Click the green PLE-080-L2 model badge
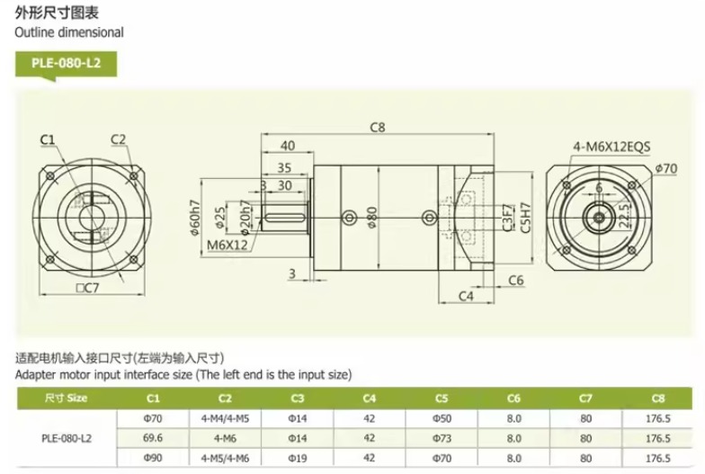click(67, 64)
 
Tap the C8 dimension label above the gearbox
click(378, 128)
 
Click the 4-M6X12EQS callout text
click(611, 147)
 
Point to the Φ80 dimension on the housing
click(372, 218)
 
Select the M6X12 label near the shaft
click(227, 245)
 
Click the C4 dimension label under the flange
click(466, 296)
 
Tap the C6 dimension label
click(516, 281)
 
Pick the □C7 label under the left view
click(87, 288)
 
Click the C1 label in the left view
click(47, 140)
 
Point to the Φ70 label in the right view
click(665, 169)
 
